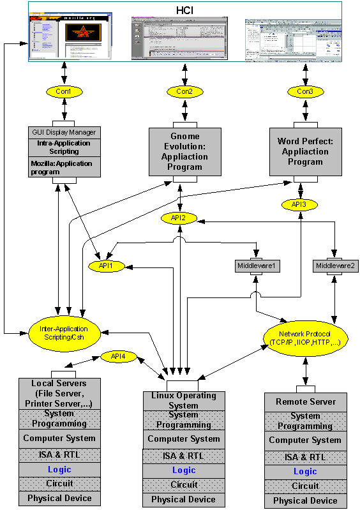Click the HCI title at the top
point(184,10)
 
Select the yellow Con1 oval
point(63,92)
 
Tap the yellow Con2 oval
point(184,92)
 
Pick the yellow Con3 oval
point(305,92)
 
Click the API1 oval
point(106,265)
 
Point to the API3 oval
point(299,205)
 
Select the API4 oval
point(118,357)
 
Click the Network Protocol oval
point(305,337)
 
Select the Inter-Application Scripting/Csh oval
point(66,333)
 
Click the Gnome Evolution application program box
point(184,151)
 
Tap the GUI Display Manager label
point(63,132)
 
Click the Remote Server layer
point(305,402)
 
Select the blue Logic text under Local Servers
point(59,469)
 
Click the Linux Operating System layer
point(183,401)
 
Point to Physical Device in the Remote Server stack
point(305,500)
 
